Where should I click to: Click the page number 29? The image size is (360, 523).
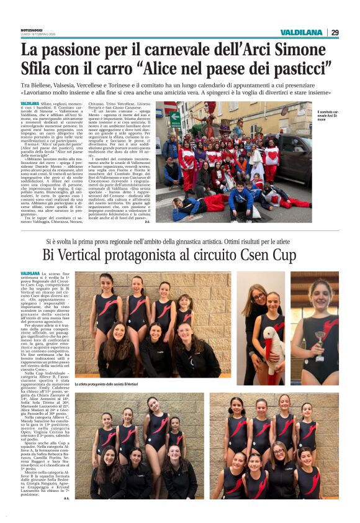pyautogui.click(x=335, y=32)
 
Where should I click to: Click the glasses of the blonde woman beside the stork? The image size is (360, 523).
pyautogui.click(x=258, y=298)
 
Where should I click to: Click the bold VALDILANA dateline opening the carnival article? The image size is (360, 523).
pyautogui.click(x=30, y=103)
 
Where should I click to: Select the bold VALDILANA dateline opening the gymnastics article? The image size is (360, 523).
pyautogui.click(x=30, y=274)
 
